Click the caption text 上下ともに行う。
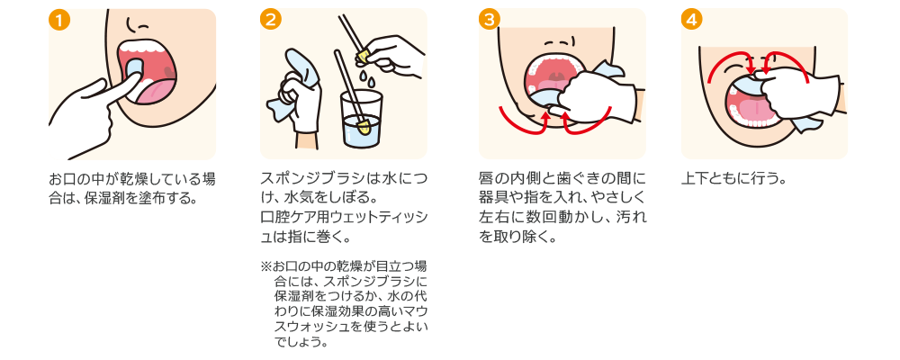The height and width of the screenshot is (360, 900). [734, 176]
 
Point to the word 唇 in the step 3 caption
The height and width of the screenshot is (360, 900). [487, 176]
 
